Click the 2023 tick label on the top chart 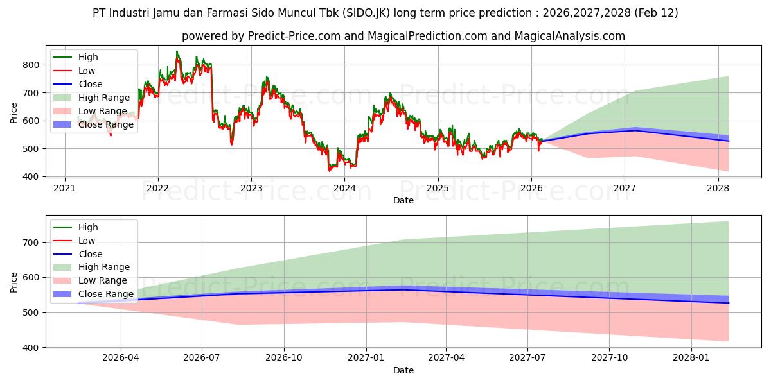tap(251, 187)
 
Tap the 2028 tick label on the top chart tap(718, 187)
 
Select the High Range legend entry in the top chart tap(103, 98)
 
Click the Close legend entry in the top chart tap(90, 84)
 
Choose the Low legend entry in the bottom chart tap(86, 241)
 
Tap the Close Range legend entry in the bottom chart tap(105, 295)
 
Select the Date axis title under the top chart tap(403, 200)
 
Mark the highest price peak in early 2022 tap(177, 51)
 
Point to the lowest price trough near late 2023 tap(330, 171)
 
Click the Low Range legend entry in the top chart tap(102, 111)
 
